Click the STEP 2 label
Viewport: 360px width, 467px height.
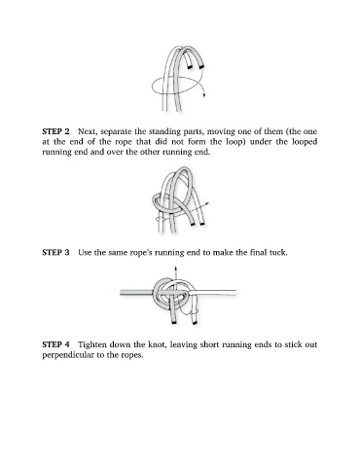pyautogui.click(x=55, y=131)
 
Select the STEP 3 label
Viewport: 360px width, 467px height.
pyautogui.click(x=55, y=252)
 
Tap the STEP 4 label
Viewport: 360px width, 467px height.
pyautogui.click(x=55, y=344)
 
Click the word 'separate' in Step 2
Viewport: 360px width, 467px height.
pyautogui.click(x=116, y=132)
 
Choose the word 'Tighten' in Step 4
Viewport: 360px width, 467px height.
pyautogui.click(x=92, y=344)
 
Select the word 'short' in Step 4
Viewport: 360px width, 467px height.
pyautogui.click(x=208, y=344)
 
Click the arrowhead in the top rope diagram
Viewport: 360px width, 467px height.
pyautogui.click(x=204, y=95)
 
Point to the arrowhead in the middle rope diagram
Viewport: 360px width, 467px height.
pyautogui.click(x=206, y=203)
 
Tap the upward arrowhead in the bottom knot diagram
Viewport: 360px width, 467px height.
pyautogui.click(x=175, y=269)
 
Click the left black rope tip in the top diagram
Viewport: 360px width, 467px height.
pyautogui.click(x=189, y=67)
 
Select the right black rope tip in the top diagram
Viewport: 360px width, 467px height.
pyautogui.click(x=201, y=66)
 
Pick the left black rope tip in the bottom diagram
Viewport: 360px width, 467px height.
pyautogui.click(x=174, y=323)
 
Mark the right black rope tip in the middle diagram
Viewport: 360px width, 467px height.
pyautogui.click(x=202, y=224)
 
